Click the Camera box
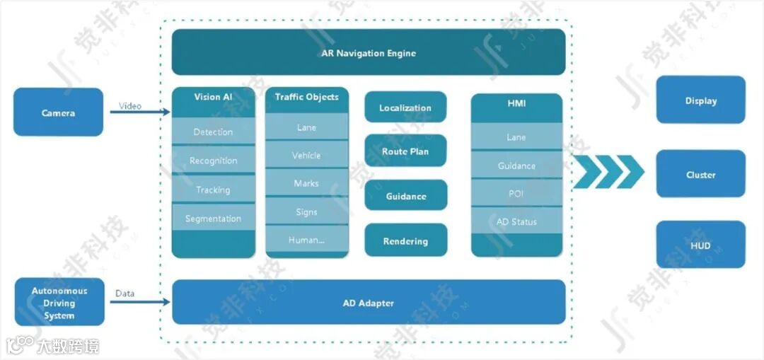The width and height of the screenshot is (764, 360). pyautogui.click(x=58, y=112)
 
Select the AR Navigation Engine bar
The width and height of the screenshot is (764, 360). pyautogui.click(x=369, y=52)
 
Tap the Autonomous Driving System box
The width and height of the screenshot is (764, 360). pyautogui.click(x=59, y=303)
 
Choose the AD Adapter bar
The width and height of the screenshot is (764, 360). pyautogui.click(x=369, y=303)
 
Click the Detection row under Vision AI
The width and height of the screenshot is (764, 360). pyautogui.click(x=213, y=132)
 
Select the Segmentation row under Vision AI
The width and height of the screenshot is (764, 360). pyautogui.click(x=213, y=219)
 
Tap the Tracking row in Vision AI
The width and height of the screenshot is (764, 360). pyautogui.click(x=213, y=190)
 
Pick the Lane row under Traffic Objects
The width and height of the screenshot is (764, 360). pyautogui.click(x=307, y=127)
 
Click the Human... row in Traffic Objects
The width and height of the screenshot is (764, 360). pyautogui.click(x=307, y=240)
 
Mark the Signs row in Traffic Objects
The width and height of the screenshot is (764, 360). pyautogui.click(x=307, y=212)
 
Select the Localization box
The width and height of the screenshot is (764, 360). pyautogui.click(x=405, y=108)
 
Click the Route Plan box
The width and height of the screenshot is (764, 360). pyautogui.click(x=405, y=151)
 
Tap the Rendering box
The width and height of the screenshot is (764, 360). pyautogui.click(x=405, y=241)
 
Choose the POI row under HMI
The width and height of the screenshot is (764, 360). pyautogui.click(x=516, y=194)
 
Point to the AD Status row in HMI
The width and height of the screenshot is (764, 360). pyautogui.click(x=516, y=221)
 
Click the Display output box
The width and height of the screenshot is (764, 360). pyautogui.click(x=700, y=100)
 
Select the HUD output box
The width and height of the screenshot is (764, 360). pyautogui.click(x=700, y=245)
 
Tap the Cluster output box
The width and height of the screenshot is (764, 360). pyautogui.click(x=700, y=175)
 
